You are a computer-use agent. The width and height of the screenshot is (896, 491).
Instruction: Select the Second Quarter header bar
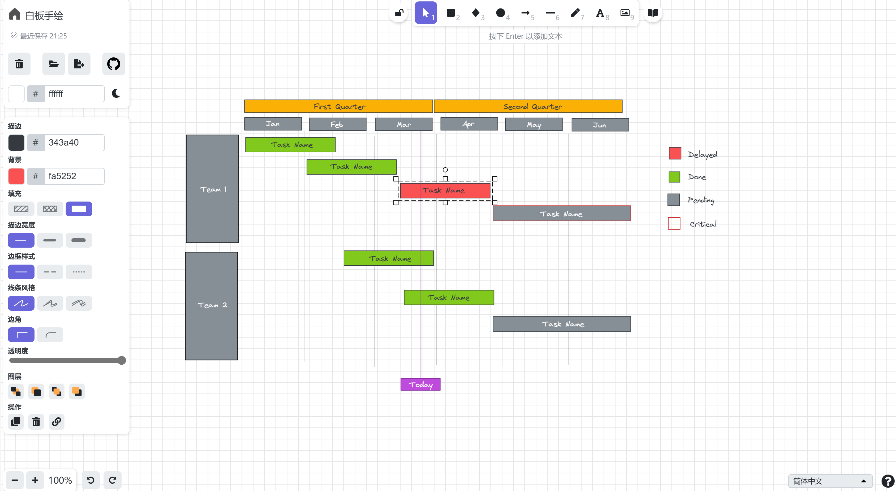coord(528,106)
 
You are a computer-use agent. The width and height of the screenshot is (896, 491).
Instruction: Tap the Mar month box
coord(404,124)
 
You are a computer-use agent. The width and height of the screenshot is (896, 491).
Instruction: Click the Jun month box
coord(600,125)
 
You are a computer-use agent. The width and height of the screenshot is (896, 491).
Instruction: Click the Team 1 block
coord(212,189)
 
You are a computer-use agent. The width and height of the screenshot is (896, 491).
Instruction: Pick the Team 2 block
coord(212,306)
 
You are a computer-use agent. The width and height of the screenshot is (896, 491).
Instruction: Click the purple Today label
coord(420,384)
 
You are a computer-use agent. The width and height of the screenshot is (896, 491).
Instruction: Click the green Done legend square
coord(674,177)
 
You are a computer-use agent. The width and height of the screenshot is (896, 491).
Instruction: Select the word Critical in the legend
coord(703,224)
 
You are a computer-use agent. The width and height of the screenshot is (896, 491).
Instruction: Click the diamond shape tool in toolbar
coord(475,13)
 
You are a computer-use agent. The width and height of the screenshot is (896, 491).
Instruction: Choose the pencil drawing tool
coord(575,13)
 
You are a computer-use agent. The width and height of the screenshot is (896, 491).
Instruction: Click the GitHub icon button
coord(113,64)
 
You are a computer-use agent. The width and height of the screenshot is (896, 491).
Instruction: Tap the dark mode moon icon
coord(116,94)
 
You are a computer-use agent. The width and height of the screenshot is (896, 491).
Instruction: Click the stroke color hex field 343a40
coord(74,142)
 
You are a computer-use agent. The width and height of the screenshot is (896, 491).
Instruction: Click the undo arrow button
coord(91,480)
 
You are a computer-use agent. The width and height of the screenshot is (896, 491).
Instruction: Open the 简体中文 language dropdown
coord(830,481)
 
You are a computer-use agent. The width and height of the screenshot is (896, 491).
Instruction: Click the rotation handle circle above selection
coord(445,170)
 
